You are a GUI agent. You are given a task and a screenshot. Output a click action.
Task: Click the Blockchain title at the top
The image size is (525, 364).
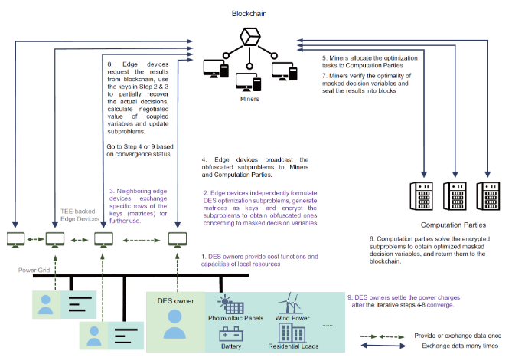click(x=250, y=14)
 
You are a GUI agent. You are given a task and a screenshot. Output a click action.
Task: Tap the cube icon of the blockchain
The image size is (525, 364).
click(x=249, y=38)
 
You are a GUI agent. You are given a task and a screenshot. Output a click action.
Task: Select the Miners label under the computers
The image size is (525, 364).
click(x=250, y=100)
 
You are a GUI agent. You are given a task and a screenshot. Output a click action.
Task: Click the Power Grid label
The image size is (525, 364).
click(x=35, y=271)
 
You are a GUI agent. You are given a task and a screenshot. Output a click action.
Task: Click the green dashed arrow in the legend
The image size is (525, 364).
click(x=394, y=335)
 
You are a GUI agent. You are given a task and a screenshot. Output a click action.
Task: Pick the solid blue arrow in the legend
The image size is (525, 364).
click(x=394, y=347)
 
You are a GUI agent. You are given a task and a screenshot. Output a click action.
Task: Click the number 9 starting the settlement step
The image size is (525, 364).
click(x=350, y=297)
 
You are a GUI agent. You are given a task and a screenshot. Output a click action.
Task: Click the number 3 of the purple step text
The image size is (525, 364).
click(x=112, y=190)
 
